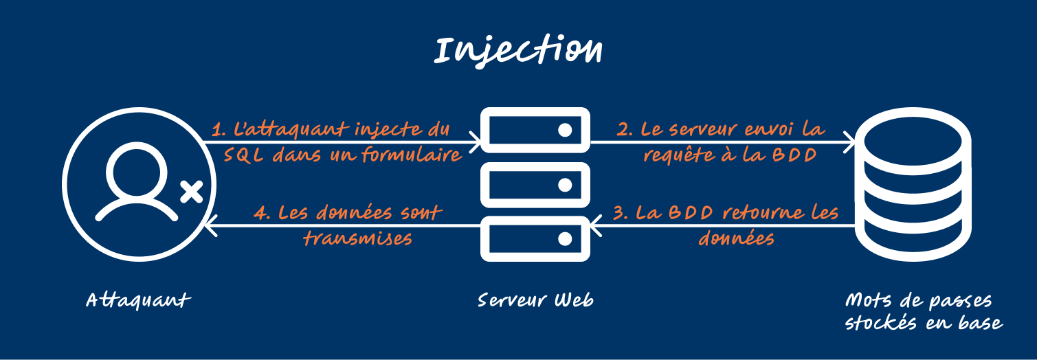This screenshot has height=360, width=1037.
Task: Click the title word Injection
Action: tap(519, 51)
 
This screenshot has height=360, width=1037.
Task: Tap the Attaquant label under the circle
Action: tap(137, 300)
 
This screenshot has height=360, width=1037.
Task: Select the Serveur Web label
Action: tap(535, 300)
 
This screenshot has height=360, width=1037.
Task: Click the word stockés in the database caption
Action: tap(887, 322)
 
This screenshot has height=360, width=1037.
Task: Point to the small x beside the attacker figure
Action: tap(190, 192)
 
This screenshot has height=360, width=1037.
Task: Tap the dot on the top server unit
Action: tap(565, 131)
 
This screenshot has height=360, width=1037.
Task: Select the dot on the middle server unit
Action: tap(565, 184)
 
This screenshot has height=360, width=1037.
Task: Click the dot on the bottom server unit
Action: tap(565, 238)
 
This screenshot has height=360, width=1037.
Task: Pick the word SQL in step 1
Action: tap(245, 155)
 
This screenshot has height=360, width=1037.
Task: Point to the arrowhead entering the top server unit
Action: tap(476, 143)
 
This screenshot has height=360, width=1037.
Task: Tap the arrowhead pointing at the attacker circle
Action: tap(212, 225)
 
